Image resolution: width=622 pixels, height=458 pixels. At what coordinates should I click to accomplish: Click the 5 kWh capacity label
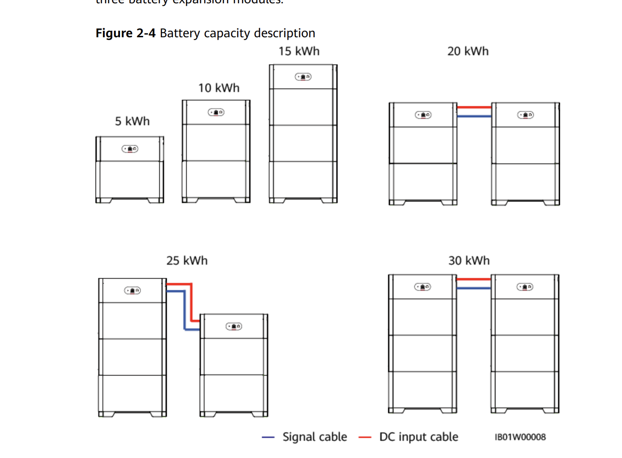tap(132, 121)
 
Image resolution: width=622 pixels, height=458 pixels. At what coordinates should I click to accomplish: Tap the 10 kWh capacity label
tap(219, 88)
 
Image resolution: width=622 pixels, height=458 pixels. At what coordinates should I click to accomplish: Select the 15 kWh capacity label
tap(298, 51)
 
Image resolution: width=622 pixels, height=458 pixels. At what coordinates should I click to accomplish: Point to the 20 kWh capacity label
tap(468, 51)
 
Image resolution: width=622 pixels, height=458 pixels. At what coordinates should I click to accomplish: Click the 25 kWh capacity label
tap(187, 260)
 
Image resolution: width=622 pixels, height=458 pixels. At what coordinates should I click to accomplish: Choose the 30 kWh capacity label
tap(469, 260)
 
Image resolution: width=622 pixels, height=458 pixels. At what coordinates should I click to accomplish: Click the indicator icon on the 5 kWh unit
tap(130, 149)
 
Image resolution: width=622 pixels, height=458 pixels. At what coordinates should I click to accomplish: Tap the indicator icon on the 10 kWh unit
tap(216, 112)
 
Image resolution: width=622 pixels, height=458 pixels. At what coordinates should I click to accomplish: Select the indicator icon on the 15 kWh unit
tap(303, 76)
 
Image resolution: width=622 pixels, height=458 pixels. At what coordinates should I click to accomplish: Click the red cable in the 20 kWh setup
tap(474, 108)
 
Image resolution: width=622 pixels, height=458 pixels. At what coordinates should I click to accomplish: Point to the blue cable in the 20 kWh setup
tap(474, 116)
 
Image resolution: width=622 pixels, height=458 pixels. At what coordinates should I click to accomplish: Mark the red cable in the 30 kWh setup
tap(474, 279)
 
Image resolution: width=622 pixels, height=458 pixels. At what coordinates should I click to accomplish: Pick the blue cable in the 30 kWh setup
tap(474, 288)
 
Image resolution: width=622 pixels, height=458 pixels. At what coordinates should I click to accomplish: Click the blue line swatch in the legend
tap(268, 437)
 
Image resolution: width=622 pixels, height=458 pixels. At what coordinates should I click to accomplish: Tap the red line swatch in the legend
tap(365, 437)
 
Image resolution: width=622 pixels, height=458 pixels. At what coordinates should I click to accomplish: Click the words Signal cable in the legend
tap(315, 437)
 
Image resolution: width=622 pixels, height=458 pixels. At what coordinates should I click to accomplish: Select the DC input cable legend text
tap(418, 437)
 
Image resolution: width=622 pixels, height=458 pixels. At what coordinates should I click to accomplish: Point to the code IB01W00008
tap(520, 437)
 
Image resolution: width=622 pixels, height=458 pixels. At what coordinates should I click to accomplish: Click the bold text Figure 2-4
tap(125, 33)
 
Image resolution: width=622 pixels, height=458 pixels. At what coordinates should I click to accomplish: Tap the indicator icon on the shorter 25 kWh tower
tap(234, 326)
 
